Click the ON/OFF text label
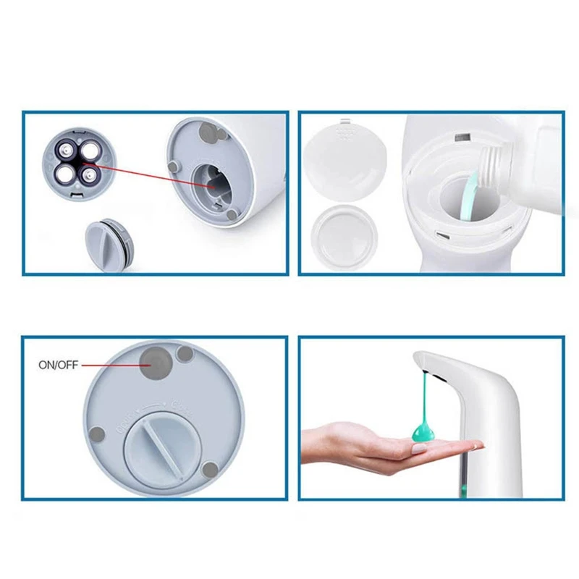tap(58, 365)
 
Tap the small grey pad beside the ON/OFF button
tap(185, 354)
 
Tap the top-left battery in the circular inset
tap(63, 151)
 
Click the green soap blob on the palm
tap(423, 433)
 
